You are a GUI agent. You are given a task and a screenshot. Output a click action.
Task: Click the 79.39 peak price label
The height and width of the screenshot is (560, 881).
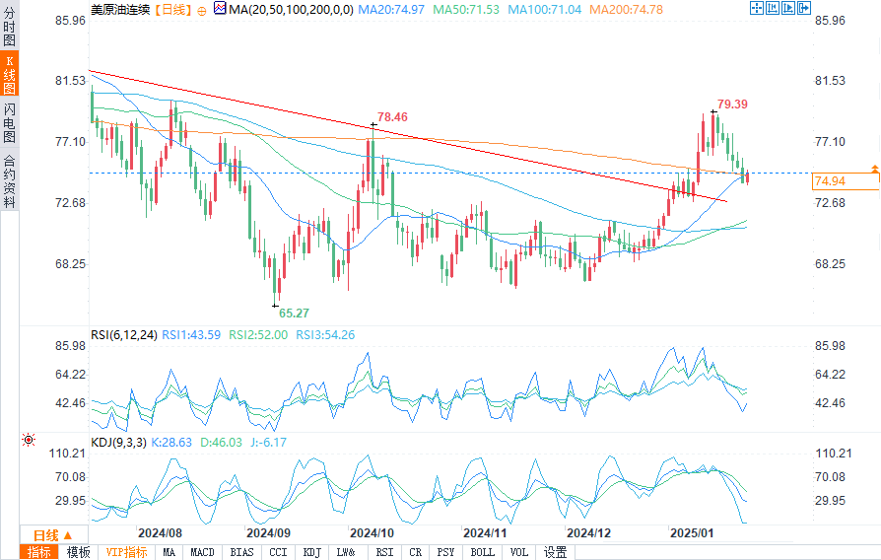point(732,104)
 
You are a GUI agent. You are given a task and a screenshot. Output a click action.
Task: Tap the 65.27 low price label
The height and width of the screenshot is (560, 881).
point(294,313)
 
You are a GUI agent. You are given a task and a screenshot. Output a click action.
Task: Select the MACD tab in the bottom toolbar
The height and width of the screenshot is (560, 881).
point(202,552)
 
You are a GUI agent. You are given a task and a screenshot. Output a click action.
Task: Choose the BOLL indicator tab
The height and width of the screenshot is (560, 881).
point(482,552)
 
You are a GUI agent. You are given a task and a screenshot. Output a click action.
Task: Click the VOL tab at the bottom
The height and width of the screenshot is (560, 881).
point(519,552)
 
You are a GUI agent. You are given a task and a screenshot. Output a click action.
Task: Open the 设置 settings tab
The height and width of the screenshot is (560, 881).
point(555,552)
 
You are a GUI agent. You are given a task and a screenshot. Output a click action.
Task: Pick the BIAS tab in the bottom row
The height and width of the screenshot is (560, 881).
point(241,552)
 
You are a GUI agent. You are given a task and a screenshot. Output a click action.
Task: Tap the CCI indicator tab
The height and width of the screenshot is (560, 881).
point(278,552)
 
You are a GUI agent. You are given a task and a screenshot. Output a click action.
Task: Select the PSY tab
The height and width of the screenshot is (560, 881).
point(445,552)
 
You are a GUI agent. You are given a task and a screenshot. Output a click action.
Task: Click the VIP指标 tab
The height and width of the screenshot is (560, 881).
point(126,552)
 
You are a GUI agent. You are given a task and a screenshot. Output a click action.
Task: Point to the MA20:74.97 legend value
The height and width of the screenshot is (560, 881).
point(391,9)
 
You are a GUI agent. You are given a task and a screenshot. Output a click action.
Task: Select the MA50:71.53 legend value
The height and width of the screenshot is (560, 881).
point(470,9)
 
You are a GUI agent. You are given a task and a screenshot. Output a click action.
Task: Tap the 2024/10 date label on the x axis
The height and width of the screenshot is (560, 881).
point(373,531)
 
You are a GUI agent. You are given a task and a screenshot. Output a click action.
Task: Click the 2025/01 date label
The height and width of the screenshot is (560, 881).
point(691,531)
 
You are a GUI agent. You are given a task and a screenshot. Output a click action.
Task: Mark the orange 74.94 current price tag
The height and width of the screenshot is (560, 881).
point(831,181)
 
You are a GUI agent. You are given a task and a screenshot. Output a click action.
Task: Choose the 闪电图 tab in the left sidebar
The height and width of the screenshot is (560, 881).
point(10,123)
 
